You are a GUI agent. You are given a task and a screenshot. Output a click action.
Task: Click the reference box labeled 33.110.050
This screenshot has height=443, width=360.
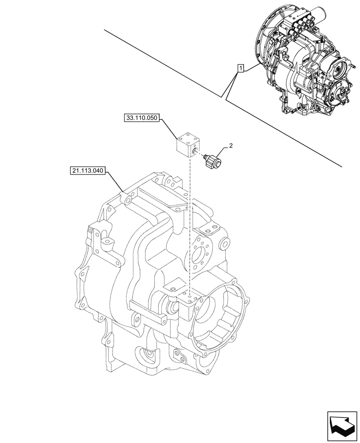coord(141,119)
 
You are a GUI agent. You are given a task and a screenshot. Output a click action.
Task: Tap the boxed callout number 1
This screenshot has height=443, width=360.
coord(240,68)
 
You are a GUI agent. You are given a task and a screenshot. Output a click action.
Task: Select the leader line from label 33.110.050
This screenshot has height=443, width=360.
coord(168,129)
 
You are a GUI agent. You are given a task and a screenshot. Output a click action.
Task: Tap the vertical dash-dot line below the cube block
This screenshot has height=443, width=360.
coord(189,221)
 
